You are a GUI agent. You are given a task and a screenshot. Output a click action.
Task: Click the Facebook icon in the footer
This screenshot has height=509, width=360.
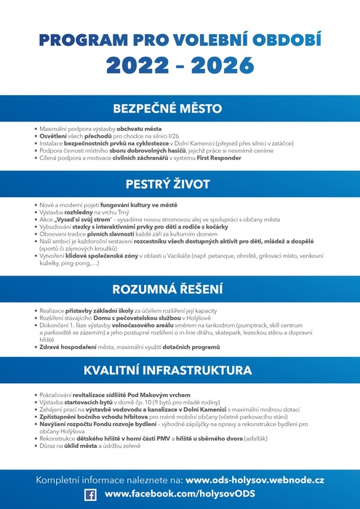point(91,494)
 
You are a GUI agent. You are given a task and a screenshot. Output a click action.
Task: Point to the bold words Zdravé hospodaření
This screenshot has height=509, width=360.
point(65,348)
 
